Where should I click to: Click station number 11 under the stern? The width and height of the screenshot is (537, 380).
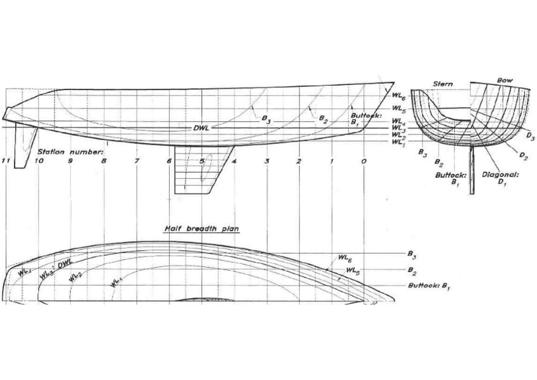(x=7, y=161)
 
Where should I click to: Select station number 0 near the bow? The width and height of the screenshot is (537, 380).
(x=363, y=161)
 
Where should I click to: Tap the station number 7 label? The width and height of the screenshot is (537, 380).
(x=137, y=161)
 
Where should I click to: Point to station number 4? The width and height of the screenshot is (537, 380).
(x=234, y=161)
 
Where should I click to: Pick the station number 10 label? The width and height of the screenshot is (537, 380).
(x=39, y=161)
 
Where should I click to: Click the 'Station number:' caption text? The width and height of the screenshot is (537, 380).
(x=70, y=152)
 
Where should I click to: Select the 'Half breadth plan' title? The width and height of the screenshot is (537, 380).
(x=202, y=229)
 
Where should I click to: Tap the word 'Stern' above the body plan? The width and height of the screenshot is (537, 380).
(x=443, y=84)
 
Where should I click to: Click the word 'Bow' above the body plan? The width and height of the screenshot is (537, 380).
(x=505, y=81)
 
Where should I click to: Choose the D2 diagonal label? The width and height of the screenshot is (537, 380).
(x=523, y=155)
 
